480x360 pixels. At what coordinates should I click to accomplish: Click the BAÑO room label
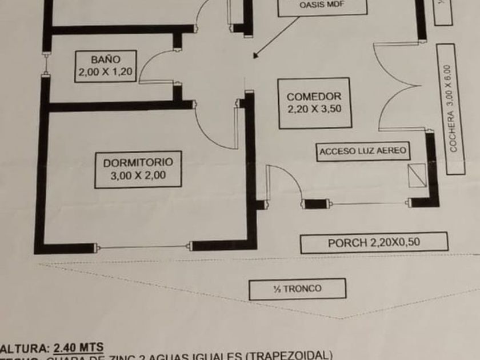(x=105, y=59)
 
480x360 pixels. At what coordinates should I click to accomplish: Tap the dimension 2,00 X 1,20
(x=105, y=72)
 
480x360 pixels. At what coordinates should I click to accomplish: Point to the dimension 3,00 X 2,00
(x=138, y=175)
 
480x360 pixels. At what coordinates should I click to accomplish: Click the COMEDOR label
(x=314, y=97)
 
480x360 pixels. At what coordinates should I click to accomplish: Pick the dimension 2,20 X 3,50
(x=314, y=110)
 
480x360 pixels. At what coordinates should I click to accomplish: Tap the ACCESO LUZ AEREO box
(x=363, y=151)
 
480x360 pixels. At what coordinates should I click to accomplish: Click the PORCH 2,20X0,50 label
(x=374, y=242)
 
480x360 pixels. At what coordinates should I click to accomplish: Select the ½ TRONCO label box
(x=297, y=289)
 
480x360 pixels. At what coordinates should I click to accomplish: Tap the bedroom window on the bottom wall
(x=143, y=247)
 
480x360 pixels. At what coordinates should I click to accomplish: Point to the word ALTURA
(x=24, y=347)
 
